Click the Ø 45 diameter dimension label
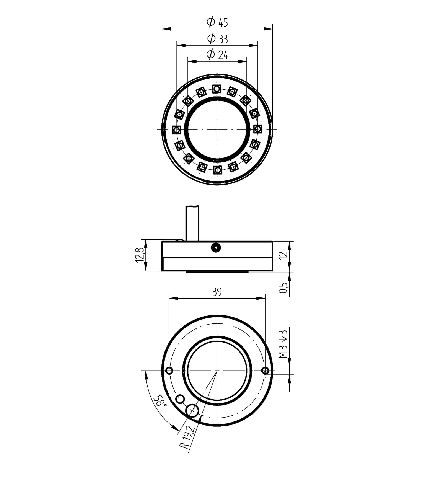pos(217,22)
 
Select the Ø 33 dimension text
pos(217,38)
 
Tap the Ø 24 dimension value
pos(217,55)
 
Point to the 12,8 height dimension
pos(140,255)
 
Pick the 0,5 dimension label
pos(283,288)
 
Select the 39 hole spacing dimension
pos(217,292)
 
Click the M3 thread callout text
pos(283,344)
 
